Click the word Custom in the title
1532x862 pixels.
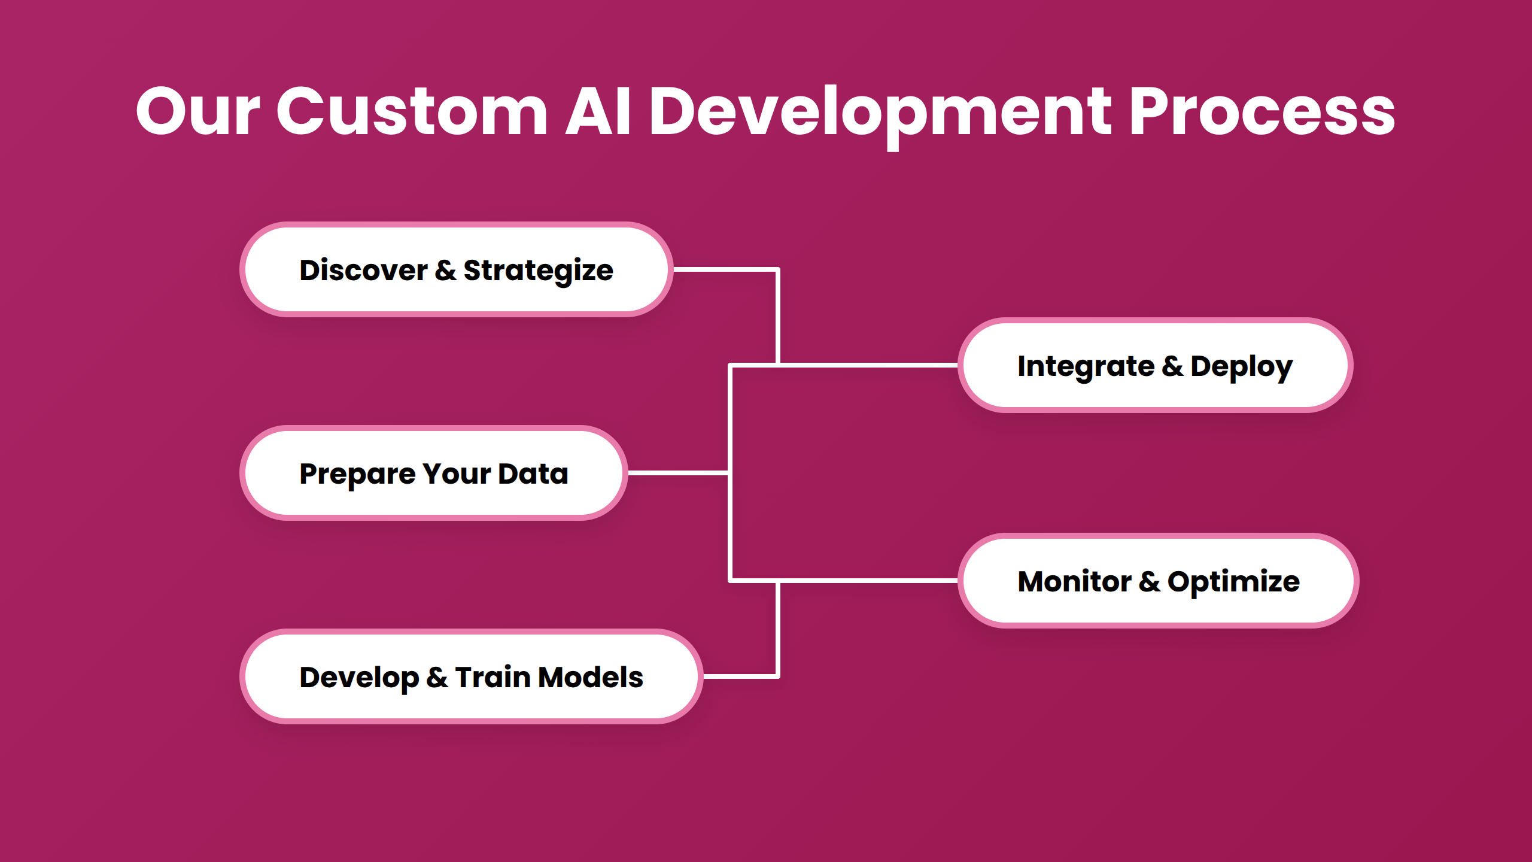pos(412,112)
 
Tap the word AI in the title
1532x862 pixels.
pos(598,112)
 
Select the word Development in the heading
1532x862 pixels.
pos(880,112)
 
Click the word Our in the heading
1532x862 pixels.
pos(198,112)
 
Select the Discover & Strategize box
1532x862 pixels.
pos(456,270)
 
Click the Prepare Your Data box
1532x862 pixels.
pos(433,474)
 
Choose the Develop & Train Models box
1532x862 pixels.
pos(471,677)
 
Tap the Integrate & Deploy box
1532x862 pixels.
pos(1155,366)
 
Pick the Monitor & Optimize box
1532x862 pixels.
pos(1158,581)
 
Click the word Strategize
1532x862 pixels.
pos(538,271)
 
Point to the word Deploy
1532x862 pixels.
pos(1241,367)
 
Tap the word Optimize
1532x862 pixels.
pos(1233,582)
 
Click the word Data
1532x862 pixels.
pos(533,474)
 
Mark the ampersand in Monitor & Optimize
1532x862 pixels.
pos(1149,582)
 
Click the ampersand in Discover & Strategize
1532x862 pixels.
pos(445,271)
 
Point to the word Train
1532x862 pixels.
pos(493,677)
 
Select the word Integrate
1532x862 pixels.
pos(1086,367)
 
